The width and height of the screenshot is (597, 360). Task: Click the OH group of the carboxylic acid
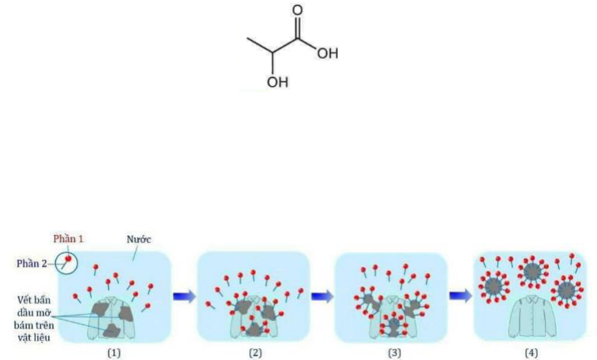coord(328,54)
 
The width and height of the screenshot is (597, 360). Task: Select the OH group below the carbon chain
coord(277,81)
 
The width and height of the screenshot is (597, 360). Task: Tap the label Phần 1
coord(68,238)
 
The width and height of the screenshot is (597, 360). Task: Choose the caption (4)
coord(530,351)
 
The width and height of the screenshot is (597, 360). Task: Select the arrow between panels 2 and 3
coord(321,296)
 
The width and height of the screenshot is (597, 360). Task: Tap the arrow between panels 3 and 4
coord(460,296)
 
